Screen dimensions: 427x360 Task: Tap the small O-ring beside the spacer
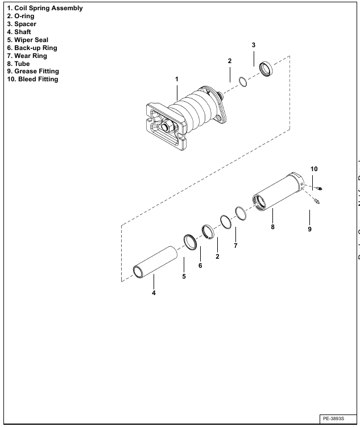243,83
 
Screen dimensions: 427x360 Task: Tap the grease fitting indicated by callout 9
316,201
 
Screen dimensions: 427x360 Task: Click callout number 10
313,169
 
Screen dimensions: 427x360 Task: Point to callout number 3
254,45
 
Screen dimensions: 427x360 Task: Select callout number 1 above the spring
177,78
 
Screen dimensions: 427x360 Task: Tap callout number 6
200,266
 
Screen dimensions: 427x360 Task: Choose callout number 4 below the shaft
154,293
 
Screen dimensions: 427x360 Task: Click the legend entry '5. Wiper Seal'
27,40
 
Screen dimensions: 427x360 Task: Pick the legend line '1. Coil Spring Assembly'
44,9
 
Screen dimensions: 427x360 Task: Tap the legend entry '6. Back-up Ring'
31,48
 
